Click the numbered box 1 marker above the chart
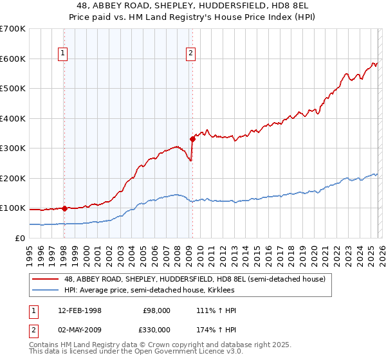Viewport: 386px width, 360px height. coord(64,53)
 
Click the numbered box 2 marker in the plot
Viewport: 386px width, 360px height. coord(192,53)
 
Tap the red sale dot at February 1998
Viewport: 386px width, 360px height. coord(64,208)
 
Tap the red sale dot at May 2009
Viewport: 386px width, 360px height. coord(192,139)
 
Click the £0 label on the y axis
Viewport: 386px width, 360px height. coord(19,238)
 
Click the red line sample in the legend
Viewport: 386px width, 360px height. coord(45,278)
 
